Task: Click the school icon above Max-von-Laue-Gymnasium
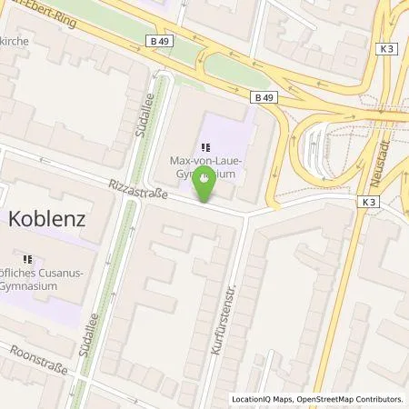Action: [x=207, y=145]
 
